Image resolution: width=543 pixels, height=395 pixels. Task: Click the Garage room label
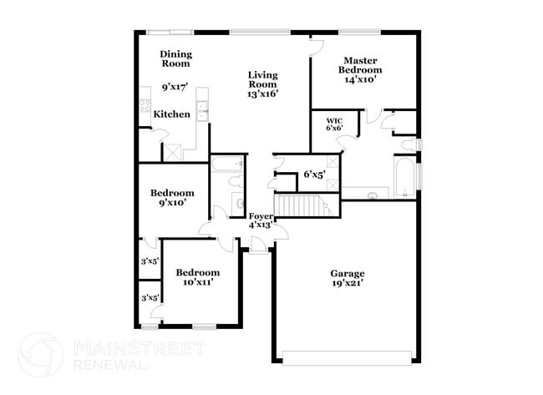pyautogui.click(x=347, y=273)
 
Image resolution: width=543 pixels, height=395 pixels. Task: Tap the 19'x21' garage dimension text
pyautogui.click(x=347, y=283)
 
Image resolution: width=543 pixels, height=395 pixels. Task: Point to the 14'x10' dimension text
pyautogui.click(x=360, y=80)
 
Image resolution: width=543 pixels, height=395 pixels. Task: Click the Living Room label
pyautogui.click(x=262, y=79)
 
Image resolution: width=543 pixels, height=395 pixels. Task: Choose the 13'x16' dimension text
pyautogui.click(x=262, y=94)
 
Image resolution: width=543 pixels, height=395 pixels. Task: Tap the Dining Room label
pyautogui.click(x=175, y=58)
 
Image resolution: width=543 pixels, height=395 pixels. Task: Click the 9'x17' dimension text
pyautogui.click(x=175, y=86)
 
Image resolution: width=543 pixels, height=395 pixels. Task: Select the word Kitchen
pyautogui.click(x=171, y=114)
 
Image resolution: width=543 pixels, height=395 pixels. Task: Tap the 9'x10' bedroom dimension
pyautogui.click(x=171, y=202)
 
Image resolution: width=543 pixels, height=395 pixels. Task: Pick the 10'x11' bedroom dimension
pyautogui.click(x=198, y=282)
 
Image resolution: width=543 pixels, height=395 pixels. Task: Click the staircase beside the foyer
pyautogui.click(x=302, y=204)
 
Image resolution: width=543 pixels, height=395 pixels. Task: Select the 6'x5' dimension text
pyautogui.click(x=313, y=175)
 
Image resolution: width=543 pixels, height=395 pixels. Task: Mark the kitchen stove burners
pyautogui.click(x=145, y=108)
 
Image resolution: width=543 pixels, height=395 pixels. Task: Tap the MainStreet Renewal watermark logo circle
pyautogui.click(x=40, y=354)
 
